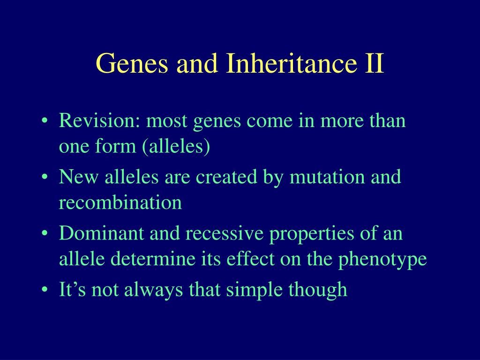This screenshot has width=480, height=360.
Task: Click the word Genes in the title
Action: pyautogui.click(x=132, y=63)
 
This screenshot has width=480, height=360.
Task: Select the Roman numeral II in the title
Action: pyautogui.click(x=375, y=63)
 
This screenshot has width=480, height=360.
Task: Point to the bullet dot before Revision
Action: pyautogui.click(x=45, y=120)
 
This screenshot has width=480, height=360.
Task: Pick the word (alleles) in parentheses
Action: pyautogui.click(x=176, y=146)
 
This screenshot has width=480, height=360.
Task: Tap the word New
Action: pyautogui.click(x=78, y=177)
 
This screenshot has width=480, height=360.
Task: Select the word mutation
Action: pyautogui.click(x=327, y=177)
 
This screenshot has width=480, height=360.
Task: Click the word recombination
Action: pyautogui.click(x=120, y=202)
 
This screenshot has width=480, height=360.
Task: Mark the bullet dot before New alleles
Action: pyautogui.click(x=45, y=177)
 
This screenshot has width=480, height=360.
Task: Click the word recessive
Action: pyautogui.click(x=225, y=233)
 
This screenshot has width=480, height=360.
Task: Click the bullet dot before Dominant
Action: pyautogui.click(x=45, y=233)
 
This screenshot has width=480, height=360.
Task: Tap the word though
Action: pyautogui.click(x=318, y=290)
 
